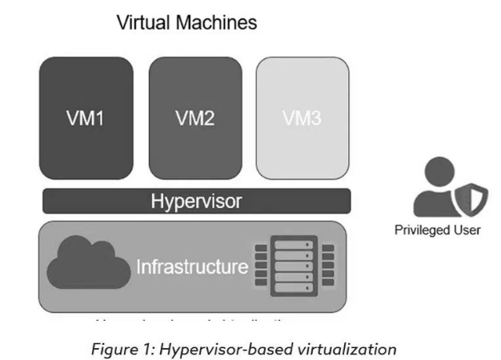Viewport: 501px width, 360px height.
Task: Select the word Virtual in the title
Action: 144,23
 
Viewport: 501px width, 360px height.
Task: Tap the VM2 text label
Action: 194,119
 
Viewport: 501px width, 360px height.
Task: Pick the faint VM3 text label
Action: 303,119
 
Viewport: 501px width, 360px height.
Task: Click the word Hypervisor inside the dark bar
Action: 196,201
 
